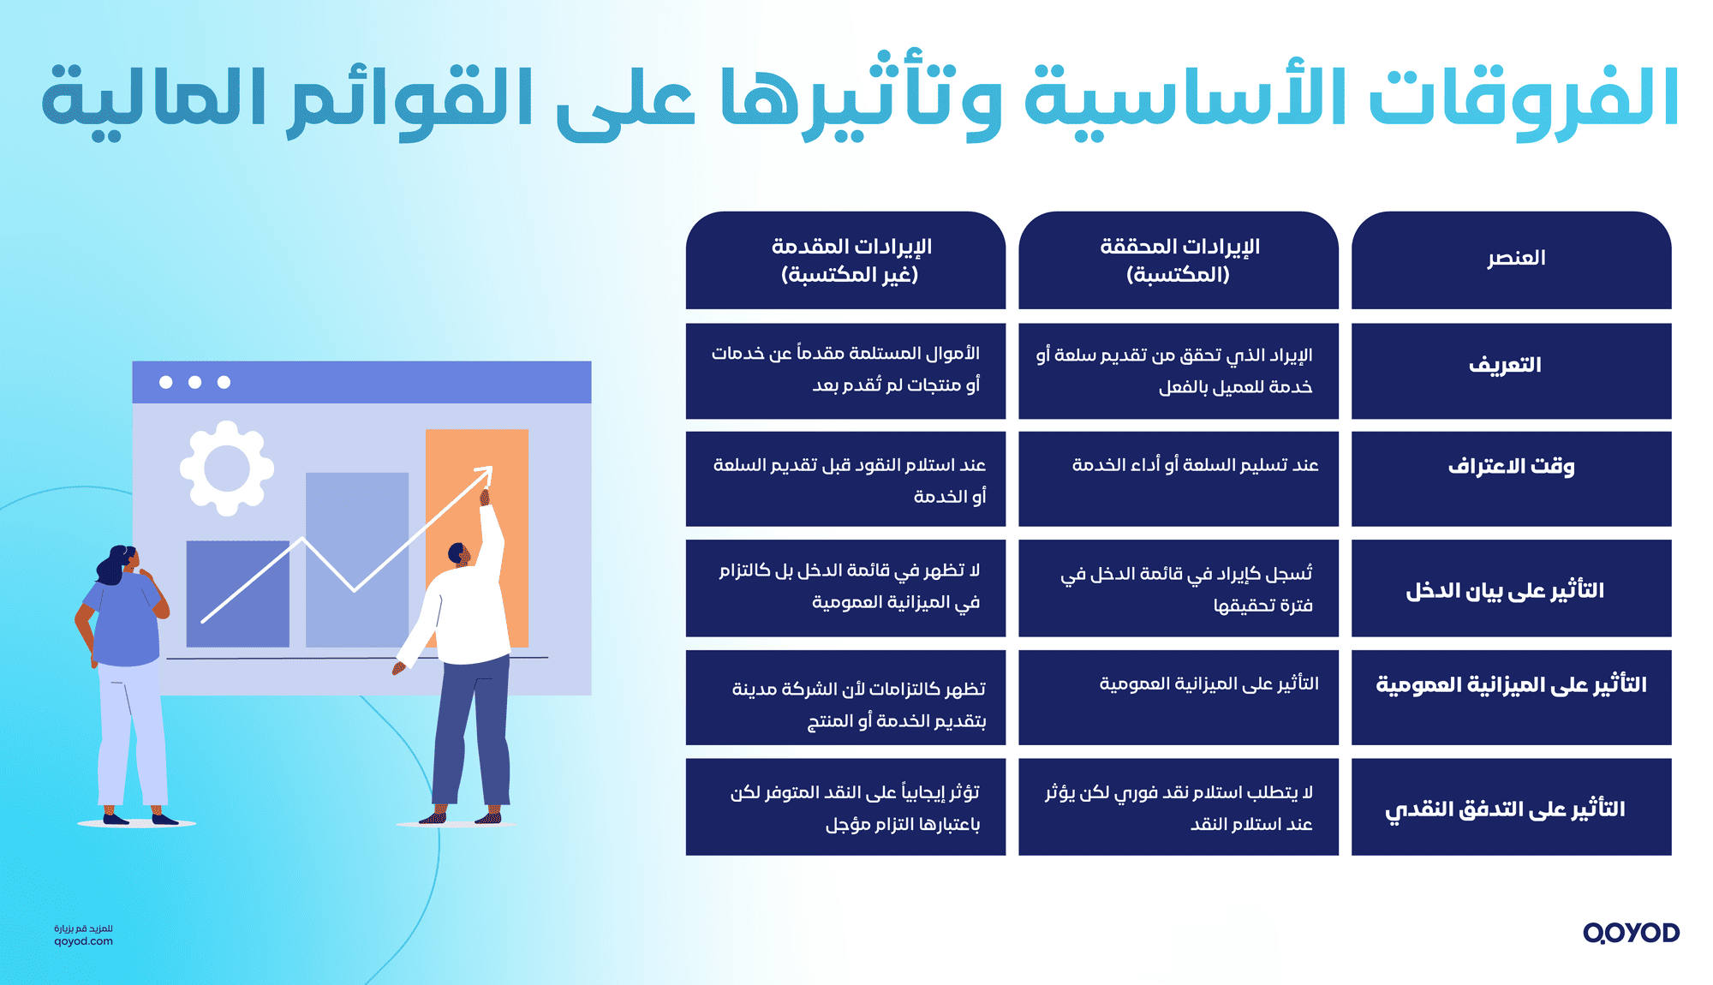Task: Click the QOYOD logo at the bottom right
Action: coord(1631,933)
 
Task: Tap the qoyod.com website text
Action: coord(83,941)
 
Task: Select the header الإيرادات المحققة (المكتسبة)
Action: coord(1179,260)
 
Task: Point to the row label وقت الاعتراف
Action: coord(1512,467)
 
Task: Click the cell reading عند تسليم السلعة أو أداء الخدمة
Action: coord(1195,466)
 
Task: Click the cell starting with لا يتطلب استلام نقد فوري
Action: coord(1179,808)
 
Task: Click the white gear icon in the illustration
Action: coord(227,469)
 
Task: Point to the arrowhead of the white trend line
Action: coord(486,471)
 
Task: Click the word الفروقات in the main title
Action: coord(1525,98)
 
